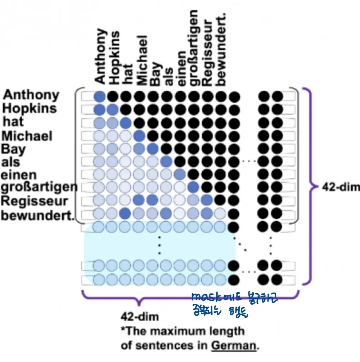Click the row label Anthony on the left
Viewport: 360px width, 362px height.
31,95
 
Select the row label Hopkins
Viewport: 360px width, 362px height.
29,108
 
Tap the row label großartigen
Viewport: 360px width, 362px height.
39,187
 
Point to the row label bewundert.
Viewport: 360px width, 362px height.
37,216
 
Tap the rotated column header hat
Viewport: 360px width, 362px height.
128,74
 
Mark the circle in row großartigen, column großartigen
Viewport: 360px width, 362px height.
193,187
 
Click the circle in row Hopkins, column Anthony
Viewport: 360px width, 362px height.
100,110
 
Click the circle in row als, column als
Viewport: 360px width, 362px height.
166,162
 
